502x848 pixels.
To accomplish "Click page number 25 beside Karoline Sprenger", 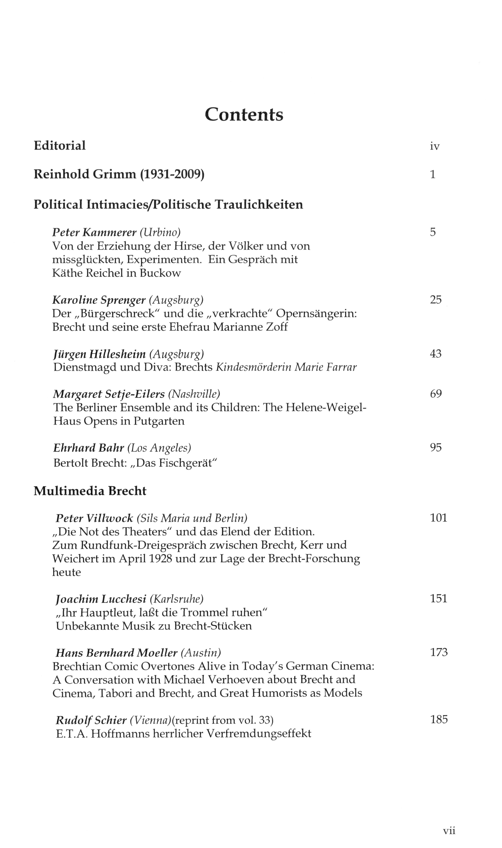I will point(436,300).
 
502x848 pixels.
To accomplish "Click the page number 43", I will point(436,354).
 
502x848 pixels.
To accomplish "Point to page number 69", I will point(436,394).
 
